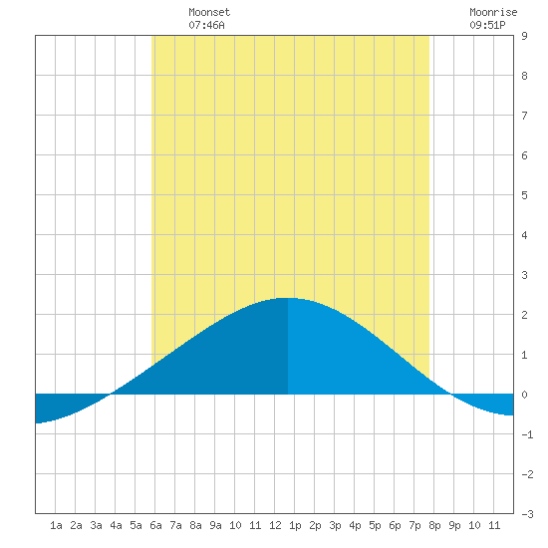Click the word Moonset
point(209,12)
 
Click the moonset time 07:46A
point(206,25)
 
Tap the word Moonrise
point(493,12)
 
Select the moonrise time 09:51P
point(487,25)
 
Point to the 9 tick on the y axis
point(524,36)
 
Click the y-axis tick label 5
point(524,195)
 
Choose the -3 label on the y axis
point(527,514)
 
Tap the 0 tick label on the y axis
point(524,395)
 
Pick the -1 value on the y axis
point(527,434)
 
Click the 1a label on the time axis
point(56,525)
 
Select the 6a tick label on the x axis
point(155,525)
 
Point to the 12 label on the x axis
point(275,525)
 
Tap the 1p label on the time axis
point(295,525)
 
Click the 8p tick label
point(434,525)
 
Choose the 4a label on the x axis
point(116,525)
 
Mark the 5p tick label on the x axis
point(375,525)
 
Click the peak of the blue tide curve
point(287,298)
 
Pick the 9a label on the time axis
point(215,525)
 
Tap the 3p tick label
point(335,525)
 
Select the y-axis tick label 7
point(524,116)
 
